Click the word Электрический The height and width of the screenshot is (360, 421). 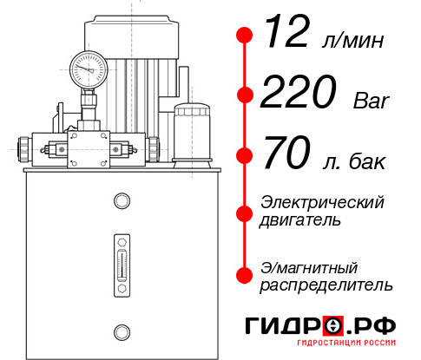[x=322, y=202]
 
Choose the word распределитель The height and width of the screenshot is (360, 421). [x=326, y=285]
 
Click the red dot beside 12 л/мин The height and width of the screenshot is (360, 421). [x=246, y=36]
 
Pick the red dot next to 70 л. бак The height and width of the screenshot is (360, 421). [x=246, y=155]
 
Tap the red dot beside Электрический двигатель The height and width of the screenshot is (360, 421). [x=246, y=212]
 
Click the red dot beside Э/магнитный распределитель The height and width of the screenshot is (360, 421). [x=246, y=275]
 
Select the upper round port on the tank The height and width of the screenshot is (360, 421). [x=121, y=201]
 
